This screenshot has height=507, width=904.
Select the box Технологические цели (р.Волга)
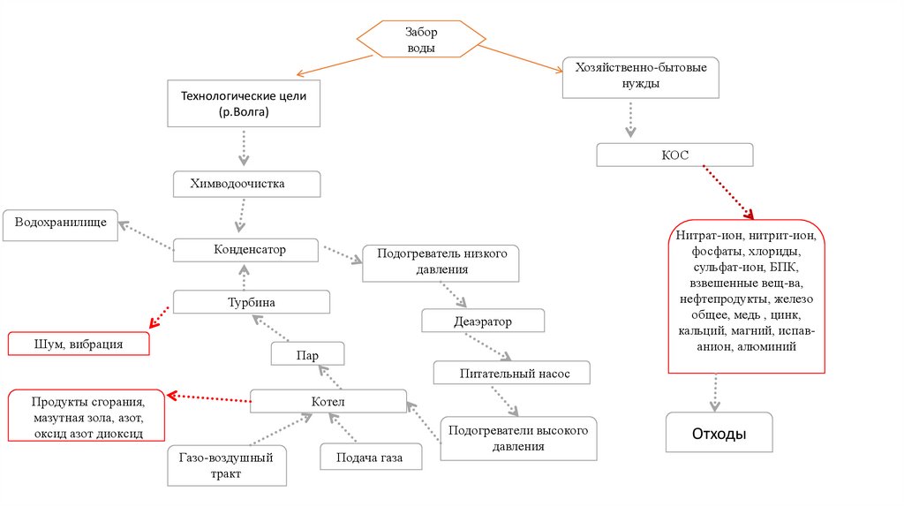(x=243, y=102)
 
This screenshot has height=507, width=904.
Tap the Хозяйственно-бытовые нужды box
(x=640, y=77)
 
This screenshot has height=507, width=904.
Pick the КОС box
(x=675, y=155)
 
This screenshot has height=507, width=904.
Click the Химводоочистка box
(x=244, y=184)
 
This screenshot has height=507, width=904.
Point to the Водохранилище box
(x=61, y=224)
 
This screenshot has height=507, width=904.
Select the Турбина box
(x=251, y=302)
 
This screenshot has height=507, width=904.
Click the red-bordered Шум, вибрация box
(x=79, y=344)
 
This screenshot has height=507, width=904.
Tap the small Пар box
(x=307, y=355)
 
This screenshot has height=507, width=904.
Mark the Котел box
(x=328, y=402)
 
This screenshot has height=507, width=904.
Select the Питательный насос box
(x=514, y=374)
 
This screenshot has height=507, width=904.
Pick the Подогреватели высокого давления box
(x=519, y=438)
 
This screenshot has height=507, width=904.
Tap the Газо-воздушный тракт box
(x=228, y=465)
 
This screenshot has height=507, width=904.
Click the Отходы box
(x=719, y=435)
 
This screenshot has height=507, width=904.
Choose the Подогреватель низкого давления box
(x=441, y=261)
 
